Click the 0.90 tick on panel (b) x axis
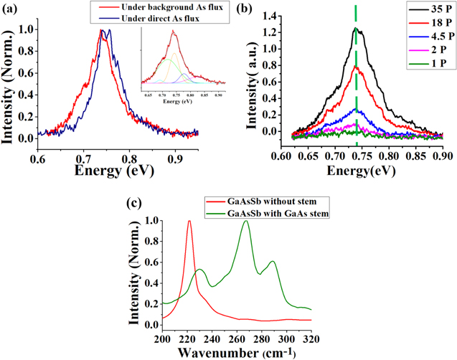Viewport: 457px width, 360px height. (x=442, y=154)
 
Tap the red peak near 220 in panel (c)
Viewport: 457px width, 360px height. (x=189, y=222)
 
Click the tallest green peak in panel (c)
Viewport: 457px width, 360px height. (x=246, y=222)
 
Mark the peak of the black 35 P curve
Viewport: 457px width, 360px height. (x=355, y=29)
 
